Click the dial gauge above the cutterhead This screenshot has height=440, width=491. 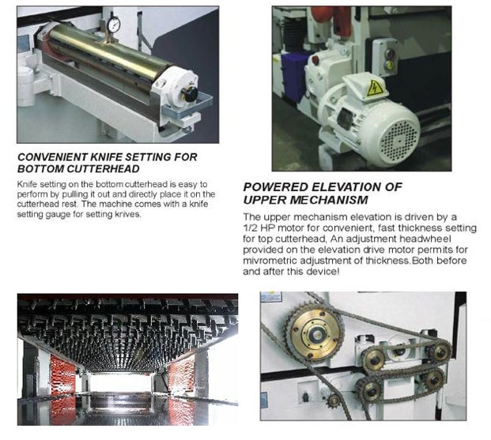(x=113, y=24)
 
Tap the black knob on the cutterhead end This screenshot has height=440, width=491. (x=191, y=93)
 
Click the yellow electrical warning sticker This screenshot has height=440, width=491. (x=375, y=88)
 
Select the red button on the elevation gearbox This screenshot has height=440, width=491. (x=316, y=58)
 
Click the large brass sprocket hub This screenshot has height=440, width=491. (x=315, y=335)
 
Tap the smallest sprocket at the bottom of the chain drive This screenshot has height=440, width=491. (x=334, y=401)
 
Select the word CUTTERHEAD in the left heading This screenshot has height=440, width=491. (x=104, y=169)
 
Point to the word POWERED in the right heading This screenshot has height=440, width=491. (x=276, y=187)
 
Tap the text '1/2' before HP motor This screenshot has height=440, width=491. (x=249, y=228)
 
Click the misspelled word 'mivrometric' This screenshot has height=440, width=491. (x=270, y=261)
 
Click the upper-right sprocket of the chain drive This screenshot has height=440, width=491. (x=441, y=352)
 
